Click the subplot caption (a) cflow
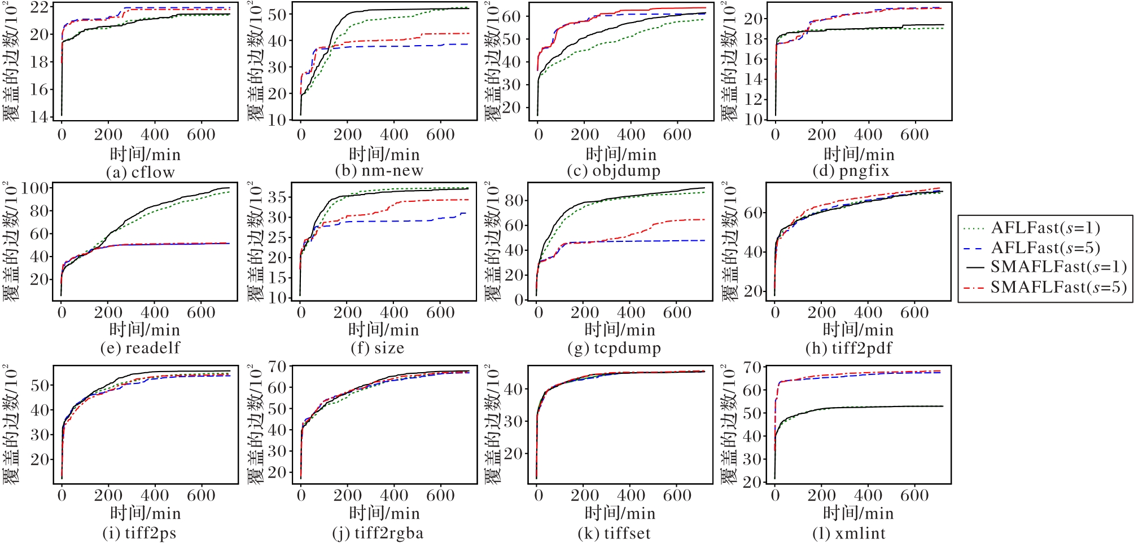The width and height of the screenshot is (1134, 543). click(x=141, y=172)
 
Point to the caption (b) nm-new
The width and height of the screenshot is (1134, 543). click(x=379, y=170)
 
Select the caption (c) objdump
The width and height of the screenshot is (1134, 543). click(x=614, y=170)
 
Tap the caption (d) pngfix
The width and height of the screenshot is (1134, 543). click(x=851, y=170)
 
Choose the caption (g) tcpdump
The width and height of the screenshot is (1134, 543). click(x=614, y=348)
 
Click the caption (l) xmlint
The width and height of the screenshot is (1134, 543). click(x=849, y=533)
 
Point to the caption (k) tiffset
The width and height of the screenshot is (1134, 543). click(x=614, y=533)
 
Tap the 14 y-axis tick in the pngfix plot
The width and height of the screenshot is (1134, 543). click(x=754, y=79)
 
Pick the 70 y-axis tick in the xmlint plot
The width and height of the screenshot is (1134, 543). click(x=754, y=368)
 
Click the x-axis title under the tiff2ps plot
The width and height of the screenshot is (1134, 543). click(x=145, y=513)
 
